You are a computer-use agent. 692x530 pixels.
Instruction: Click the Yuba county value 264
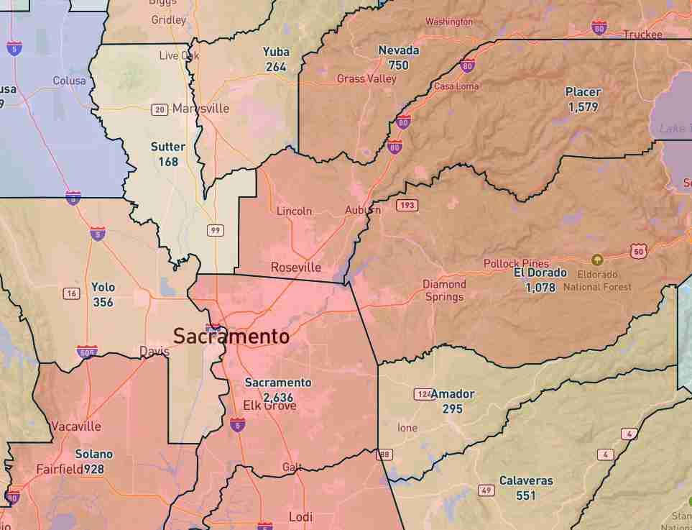coord(275,67)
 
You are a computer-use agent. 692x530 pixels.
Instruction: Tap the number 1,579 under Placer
coord(583,107)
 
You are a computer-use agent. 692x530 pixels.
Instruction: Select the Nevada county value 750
coord(398,65)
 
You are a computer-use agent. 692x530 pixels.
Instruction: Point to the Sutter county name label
coord(168,147)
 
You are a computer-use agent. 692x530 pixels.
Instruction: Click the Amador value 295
coord(452,409)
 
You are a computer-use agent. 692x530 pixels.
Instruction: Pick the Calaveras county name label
coord(526,480)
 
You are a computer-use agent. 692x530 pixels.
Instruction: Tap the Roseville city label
coord(296,268)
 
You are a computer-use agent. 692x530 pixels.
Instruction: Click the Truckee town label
coord(642,35)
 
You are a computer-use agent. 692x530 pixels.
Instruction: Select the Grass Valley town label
coord(366,78)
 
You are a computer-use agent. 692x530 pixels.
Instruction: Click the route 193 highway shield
coord(407,206)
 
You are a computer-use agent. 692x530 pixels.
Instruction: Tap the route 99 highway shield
coord(215,230)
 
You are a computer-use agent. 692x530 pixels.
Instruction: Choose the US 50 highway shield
coord(640,251)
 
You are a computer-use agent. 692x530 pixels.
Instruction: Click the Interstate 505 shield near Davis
coord(87,352)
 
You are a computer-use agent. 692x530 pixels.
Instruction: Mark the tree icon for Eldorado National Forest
coord(596,260)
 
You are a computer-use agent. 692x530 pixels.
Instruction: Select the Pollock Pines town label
coord(516,264)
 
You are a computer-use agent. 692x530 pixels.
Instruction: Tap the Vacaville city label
coord(76,426)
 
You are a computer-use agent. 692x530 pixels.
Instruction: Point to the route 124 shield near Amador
coord(423,394)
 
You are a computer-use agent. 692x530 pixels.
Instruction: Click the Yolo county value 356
coord(103,302)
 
